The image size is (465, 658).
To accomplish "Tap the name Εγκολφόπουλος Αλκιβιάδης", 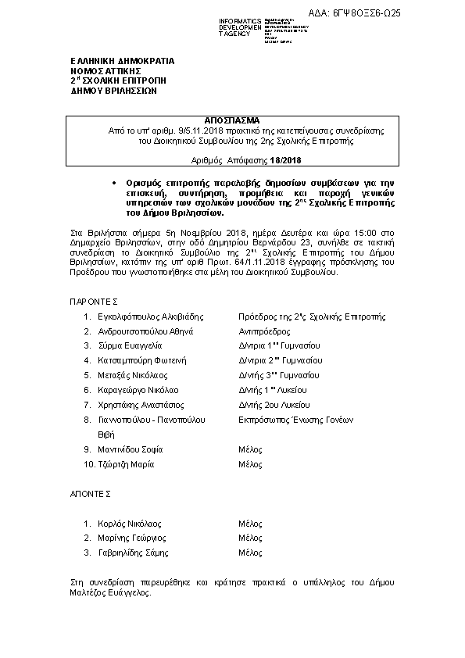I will pos(147,316).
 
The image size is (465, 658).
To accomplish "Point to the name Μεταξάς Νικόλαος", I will pos(131,375).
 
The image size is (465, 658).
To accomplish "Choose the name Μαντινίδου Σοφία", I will pos(130,449).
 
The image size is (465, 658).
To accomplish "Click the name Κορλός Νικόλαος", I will pos(129,524).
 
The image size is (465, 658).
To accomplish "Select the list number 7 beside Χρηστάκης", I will pos(87,405).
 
